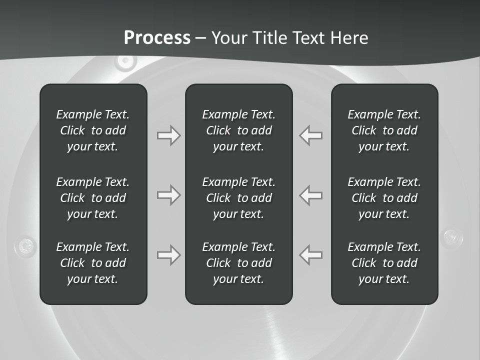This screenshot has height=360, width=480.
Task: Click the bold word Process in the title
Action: (157, 38)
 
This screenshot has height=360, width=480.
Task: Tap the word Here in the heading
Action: (348, 38)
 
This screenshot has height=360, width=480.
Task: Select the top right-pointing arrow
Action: (168, 135)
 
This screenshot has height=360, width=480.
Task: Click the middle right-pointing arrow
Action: (168, 195)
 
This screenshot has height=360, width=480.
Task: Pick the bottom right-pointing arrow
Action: (168, 255)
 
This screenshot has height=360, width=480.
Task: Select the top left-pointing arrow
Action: (311, 135)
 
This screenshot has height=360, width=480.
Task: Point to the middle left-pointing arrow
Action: (311, 195)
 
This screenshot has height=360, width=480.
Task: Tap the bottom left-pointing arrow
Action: (311, 255)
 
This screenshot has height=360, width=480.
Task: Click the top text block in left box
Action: (93, 130)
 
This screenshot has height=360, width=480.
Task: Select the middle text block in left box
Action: (93, 198)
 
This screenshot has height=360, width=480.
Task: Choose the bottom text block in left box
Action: (93, 263)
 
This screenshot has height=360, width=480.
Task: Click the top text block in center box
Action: (238, 130)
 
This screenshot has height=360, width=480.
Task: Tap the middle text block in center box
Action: (238, 198)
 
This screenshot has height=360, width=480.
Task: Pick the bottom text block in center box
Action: (238, 263)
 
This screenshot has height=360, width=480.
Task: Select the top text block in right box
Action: (384, 130)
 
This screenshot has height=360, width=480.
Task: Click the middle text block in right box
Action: (384, 198)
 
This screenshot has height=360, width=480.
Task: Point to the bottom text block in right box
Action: (384, 263)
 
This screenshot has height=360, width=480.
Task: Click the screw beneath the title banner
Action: (125, 61)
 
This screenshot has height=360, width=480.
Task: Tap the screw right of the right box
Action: (453, 236)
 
